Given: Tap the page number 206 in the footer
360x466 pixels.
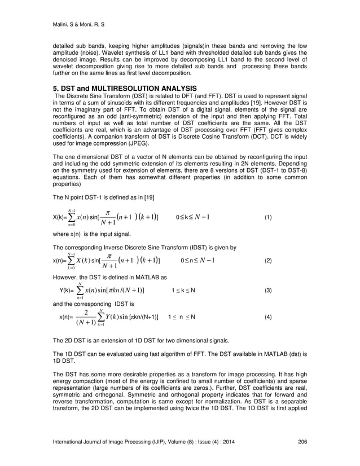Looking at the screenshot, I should [x=302, y=449].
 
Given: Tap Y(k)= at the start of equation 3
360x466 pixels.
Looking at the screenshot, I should [x=68, y=291].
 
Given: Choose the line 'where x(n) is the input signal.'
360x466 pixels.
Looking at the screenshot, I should [x=92, y=234].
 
